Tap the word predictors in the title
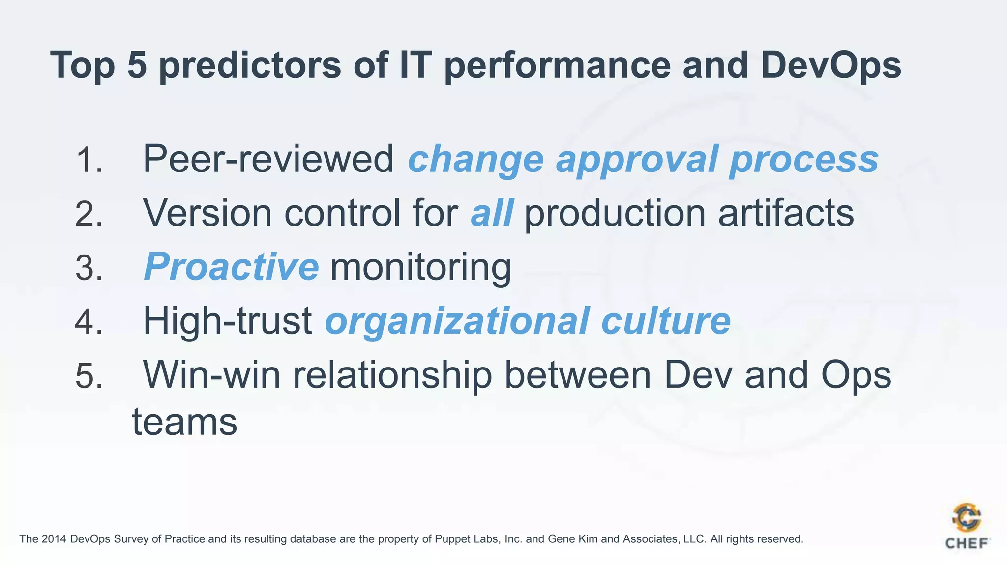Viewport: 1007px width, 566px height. pyautogui.click(x=250, y=65)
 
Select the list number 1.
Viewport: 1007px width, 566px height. pyautogui.click(x=89, y=160)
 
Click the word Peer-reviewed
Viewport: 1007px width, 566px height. pyautogui.click(x=268, y=159)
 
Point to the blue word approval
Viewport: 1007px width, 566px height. pyautogui.click(x=637, y=160)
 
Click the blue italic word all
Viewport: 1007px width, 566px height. pyautogui.click(x=492, y=213)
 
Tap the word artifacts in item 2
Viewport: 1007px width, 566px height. pyautogui.click(x=785, y=213)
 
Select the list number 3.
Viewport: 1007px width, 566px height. pyautogui.click(x=89, y=268)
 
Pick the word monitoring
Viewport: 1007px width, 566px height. pyautogui.click(x=420, y=268)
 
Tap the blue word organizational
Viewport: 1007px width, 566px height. pyautogui.click(x=457, y=322)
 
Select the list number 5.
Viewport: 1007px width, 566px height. pyautogui.click(x=89, y=376)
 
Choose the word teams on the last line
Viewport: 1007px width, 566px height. pyautogui.click(x=184, y=422)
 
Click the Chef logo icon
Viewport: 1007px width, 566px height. pyautogui.click(x=966, y=519)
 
